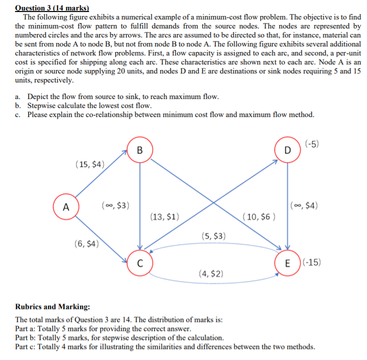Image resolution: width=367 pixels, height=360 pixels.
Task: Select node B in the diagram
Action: pos(139,150)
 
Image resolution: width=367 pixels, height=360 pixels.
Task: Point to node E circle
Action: pos(287,263)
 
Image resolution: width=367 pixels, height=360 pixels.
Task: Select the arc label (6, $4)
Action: pos(86,244)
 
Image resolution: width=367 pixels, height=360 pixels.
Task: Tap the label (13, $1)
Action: pos(165,217)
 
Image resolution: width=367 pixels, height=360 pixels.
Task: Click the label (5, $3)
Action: pos(214,235)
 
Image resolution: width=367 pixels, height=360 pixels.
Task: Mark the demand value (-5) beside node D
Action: pos(311,144)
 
